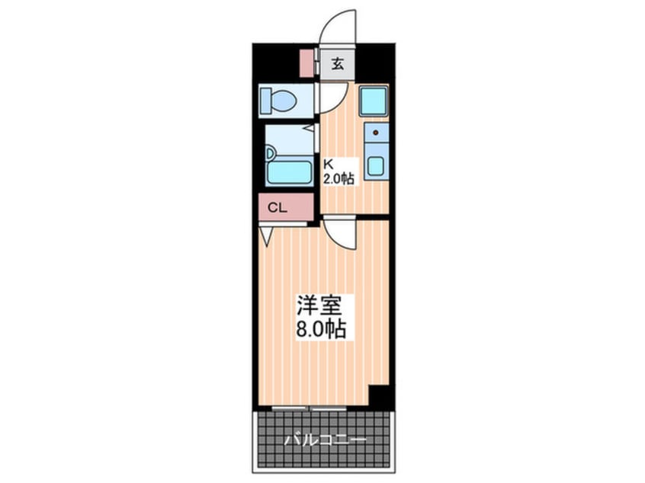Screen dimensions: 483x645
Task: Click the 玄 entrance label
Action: tap(337, 64)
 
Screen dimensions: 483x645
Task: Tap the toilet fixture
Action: tap(284, 101)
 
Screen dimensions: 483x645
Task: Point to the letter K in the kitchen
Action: tap(329, 163)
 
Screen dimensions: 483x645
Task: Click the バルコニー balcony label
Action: tap(326, 440)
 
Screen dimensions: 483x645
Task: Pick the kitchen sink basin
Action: tap(375, 165)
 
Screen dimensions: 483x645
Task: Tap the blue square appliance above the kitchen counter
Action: tap(374, 101)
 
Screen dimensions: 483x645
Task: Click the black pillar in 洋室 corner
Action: tap(379, 398)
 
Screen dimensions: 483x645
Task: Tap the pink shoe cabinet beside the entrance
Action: tap(306, 63)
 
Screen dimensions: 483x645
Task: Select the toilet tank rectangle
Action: tap(266, 101)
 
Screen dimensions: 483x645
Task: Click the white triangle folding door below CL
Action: tap(266, 236)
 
